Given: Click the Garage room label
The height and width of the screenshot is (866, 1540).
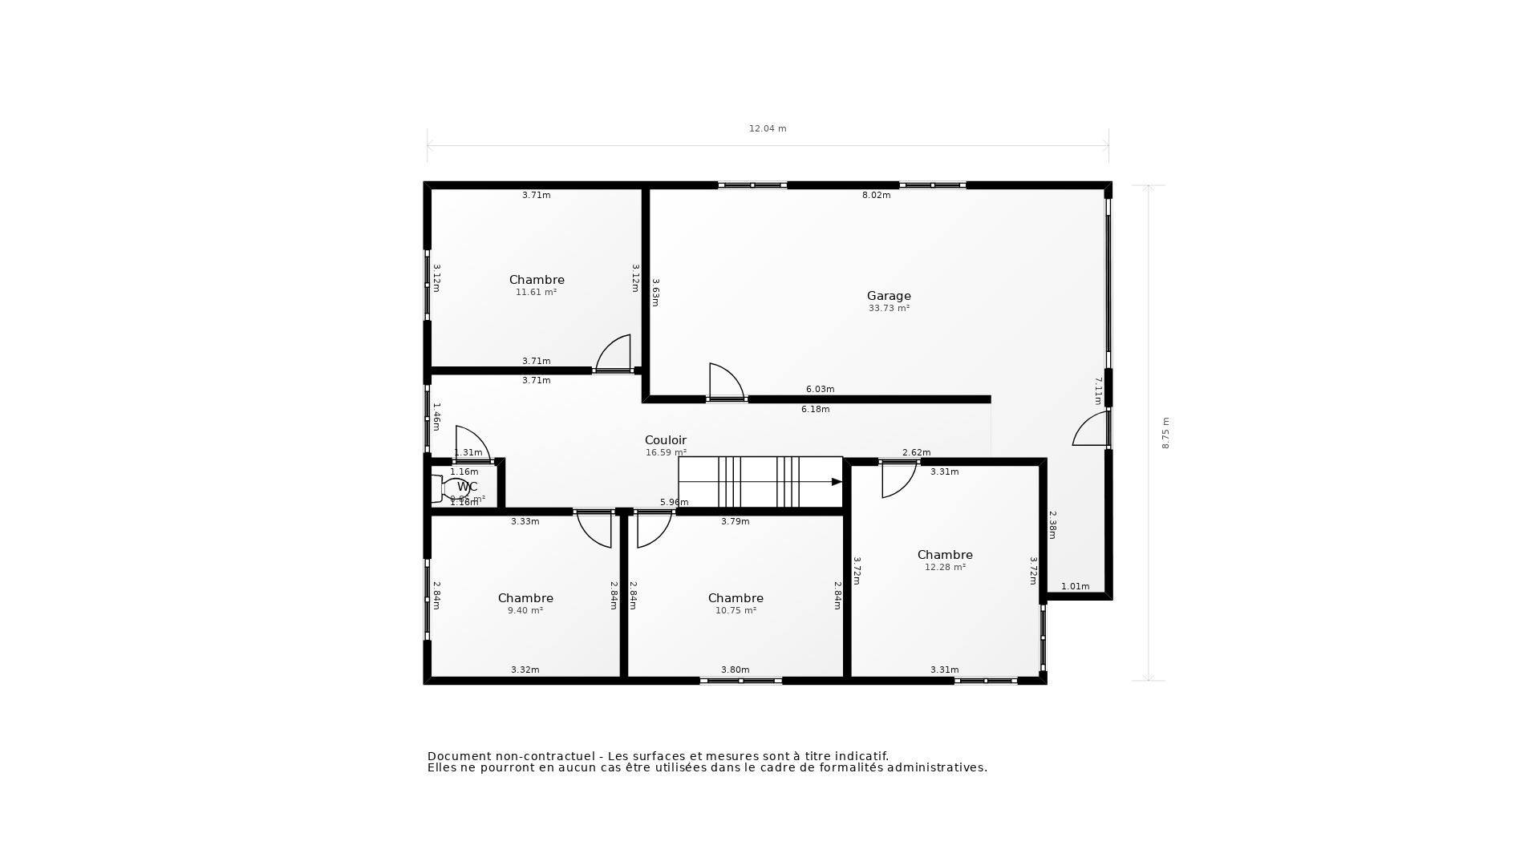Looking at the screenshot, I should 889,296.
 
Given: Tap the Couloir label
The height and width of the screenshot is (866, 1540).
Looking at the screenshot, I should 666,440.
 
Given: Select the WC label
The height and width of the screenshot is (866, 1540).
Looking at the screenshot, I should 468,487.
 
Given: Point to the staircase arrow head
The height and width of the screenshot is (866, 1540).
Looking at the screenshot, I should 837,482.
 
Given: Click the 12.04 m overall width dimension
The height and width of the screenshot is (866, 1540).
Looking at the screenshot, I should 768,128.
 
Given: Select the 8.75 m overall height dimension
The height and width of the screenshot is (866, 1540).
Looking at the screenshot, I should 1165,433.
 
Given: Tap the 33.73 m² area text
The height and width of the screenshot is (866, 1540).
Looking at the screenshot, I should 889,308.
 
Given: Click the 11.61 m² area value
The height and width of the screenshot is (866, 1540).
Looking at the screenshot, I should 536,292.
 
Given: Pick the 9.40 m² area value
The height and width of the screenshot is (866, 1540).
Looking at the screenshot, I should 525,610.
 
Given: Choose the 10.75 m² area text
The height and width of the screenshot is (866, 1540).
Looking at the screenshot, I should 736,610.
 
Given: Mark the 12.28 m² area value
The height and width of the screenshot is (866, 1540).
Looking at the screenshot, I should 945,567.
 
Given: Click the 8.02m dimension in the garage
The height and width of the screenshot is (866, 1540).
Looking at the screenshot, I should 876,195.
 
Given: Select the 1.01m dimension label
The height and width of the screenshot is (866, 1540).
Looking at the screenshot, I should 1075,586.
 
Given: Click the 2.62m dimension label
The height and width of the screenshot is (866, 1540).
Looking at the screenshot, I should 916,452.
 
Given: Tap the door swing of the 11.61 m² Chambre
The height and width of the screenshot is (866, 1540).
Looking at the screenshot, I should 614,353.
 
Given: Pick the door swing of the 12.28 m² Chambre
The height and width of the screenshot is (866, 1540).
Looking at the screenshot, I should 898,480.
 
